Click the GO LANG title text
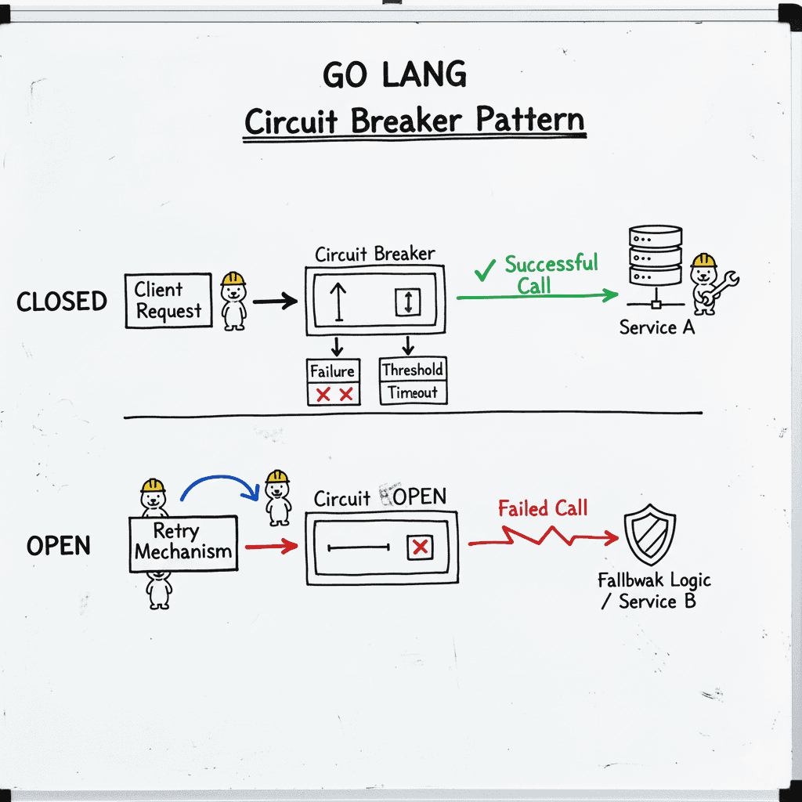[394, 75]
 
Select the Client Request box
[168, 301]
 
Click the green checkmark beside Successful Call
[485, 270]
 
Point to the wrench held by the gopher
[724, 285]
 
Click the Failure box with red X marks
[334, 381]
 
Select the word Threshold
[413, 370]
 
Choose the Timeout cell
[413, 393]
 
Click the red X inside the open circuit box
[421, 547]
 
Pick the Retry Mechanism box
[182, 542]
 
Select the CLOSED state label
[62, 302]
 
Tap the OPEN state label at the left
[58, 546]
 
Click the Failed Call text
[543, 508]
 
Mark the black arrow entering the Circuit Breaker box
[275, 301]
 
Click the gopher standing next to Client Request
[233, 301]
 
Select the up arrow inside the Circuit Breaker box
[338, 302]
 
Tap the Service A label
[656, 327]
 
